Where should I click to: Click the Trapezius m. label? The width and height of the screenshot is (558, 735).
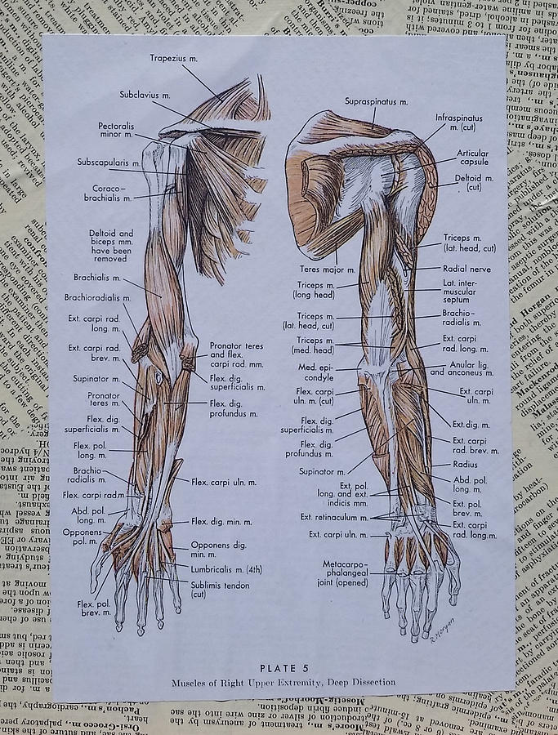(x=173, y=58)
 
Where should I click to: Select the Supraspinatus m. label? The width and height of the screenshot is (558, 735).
(x=377, y=101)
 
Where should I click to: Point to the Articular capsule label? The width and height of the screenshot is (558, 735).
(x=472, y=158)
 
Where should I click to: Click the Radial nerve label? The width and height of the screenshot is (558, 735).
(x=466, y=268)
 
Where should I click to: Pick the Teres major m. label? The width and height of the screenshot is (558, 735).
(x=328, y=269)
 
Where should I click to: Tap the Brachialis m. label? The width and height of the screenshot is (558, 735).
(x=97, y=277)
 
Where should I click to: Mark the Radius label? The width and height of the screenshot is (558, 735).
(x=466, y=464)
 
